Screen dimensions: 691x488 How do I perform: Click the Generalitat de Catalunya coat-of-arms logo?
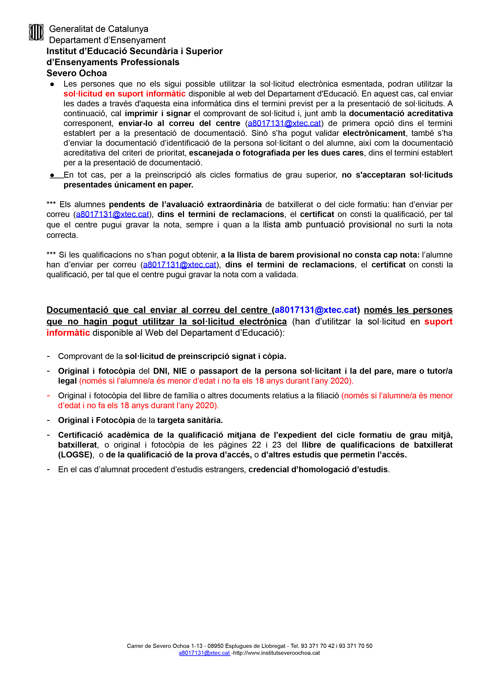(x=36, y=32)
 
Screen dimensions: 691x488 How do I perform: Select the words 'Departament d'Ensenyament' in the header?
(x=107, y=40)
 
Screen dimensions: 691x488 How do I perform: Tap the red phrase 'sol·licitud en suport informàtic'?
(x=124, y=94)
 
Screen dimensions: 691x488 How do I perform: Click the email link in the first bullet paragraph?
(x=284, y=123)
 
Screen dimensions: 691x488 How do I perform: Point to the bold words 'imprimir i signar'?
(x=158, y=113)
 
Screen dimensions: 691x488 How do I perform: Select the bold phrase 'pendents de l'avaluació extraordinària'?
(x=185, y=205)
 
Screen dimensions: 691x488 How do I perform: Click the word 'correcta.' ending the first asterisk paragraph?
(x=62, y=235)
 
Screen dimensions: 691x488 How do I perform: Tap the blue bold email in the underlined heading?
(x=316, y=310)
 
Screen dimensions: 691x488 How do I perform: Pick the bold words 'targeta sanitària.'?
(x=190, y=420)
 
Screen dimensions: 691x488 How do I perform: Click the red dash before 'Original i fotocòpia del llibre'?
(x=48, y=395)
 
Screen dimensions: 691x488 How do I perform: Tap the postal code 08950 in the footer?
(x=215, y=646)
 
